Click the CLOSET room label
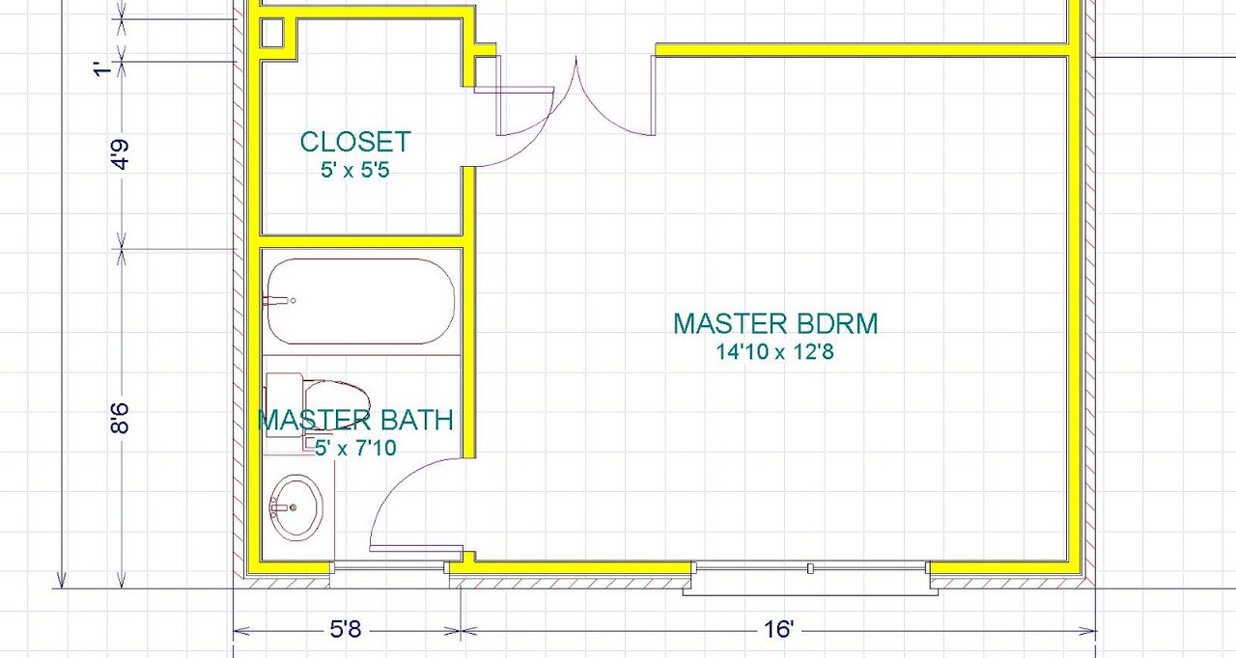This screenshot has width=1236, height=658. [x=355, y=142]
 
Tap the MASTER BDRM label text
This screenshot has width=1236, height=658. [x=775, y=324]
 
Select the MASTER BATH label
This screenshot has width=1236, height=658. [x=355, y=420]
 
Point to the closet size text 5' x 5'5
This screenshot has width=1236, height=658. [x=355, y=170]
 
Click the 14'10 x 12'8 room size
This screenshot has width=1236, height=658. [x=774, y=351]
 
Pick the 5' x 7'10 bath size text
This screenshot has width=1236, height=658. [x=355, y=448]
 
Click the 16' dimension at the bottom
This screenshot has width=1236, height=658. [x=779, y=629]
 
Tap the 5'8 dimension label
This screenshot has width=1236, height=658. [x=346, y=629]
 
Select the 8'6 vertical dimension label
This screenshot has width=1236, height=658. [x=120, y=418]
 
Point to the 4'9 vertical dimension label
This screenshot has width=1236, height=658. [x=120, y=154]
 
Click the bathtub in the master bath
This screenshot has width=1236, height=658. [x=360, y=301]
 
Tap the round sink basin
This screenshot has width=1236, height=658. [x=296, y=507]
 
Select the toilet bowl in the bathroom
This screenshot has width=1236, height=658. [x=337, y=404]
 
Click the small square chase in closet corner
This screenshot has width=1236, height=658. [x=271, y=33]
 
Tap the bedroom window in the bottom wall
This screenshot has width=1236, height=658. [x=810, y=568]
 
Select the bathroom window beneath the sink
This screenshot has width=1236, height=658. [x=389, y=567]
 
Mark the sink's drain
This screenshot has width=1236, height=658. [x=293, y=507]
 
